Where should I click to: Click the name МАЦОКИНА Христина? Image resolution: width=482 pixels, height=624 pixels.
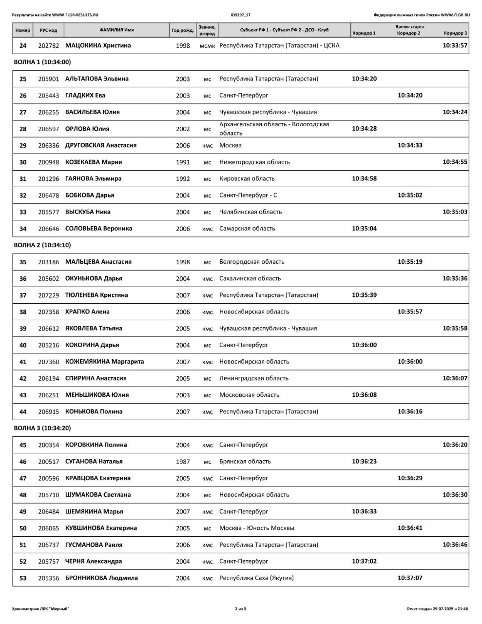(98, 45)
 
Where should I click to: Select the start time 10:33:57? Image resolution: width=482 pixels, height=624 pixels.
(455, 45)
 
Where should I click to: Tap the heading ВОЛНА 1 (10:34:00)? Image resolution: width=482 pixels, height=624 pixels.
(42, 62)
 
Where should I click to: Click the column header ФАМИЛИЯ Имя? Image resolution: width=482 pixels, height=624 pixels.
(116, 30)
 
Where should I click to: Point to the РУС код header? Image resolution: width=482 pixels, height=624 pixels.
(48, 30)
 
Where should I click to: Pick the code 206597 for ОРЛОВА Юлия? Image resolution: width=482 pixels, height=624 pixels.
(48, 129)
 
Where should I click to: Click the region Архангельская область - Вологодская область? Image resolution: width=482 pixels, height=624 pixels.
(274, 129)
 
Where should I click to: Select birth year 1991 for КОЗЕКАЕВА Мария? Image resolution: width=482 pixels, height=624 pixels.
(183, 162)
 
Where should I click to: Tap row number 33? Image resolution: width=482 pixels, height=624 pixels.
(23, 212)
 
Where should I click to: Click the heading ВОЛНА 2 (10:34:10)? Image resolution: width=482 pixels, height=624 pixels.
(42, 245)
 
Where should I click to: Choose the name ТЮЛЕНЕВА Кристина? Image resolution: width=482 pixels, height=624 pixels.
(96, 295)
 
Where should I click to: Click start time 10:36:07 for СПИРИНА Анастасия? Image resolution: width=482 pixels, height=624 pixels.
(455, 378)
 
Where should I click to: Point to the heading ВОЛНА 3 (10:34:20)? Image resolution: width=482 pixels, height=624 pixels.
(42, 428)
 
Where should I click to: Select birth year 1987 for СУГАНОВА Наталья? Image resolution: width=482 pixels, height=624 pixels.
(183, 461)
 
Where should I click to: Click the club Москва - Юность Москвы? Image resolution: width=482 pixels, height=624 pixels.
(257, 528)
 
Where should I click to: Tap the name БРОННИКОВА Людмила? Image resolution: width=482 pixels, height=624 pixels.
(101, 578)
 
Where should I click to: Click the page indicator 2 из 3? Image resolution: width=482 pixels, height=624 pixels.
(241, 609)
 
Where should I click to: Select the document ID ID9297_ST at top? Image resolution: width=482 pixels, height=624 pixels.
(241, 15)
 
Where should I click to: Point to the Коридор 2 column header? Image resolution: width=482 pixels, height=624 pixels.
(408, 33)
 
